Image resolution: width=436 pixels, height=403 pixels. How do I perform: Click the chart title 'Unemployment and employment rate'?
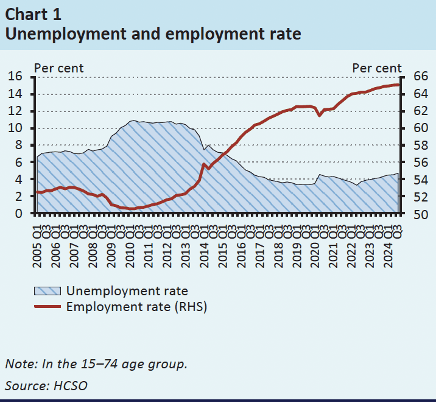153,33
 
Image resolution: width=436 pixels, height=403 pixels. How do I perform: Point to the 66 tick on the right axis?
421,77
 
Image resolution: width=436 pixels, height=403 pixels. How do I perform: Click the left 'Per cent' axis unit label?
58,68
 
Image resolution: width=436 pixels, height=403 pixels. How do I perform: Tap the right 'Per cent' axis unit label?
377,68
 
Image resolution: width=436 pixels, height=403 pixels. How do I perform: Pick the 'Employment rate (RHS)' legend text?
137,307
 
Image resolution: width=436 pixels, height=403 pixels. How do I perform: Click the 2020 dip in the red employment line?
319,115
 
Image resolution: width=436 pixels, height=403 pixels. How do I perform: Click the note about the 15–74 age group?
96,364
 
